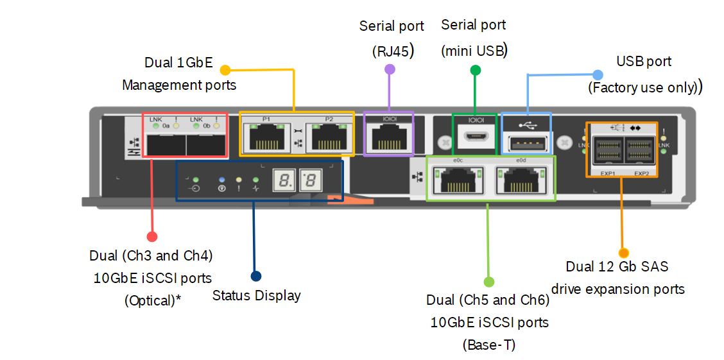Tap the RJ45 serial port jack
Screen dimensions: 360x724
pos(389,137)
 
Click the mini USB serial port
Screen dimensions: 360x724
pos(475,136)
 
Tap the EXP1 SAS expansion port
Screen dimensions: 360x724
pos(607,151)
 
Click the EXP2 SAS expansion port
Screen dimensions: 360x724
pos(640,151)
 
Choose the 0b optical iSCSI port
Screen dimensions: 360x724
pos(205,145)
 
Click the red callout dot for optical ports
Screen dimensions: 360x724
pos(152,237)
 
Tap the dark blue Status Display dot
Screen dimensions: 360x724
pos(256,276)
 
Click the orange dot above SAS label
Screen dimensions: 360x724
pos(623,253)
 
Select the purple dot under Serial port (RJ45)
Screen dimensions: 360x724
pos(389,69)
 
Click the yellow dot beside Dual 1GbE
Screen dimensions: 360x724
pos(225,69)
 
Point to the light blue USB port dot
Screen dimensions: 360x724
pos(597,75)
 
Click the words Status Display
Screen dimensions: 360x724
pos(257,296)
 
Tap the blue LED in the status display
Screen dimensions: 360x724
pos(222,180)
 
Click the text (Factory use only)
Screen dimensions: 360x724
pos(643,88)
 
